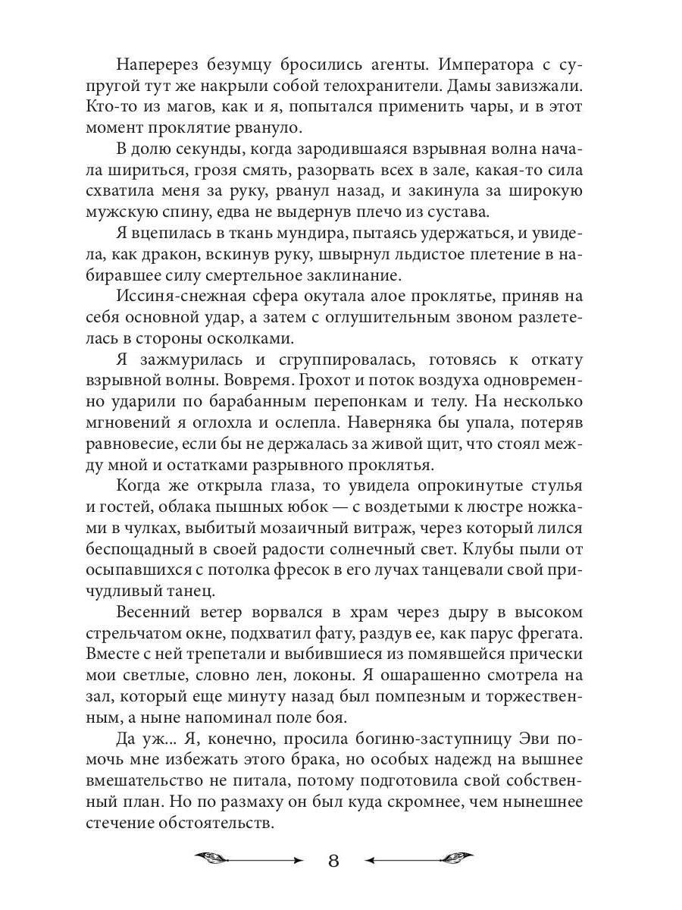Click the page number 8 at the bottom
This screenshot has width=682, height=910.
[x=335, y=862]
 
